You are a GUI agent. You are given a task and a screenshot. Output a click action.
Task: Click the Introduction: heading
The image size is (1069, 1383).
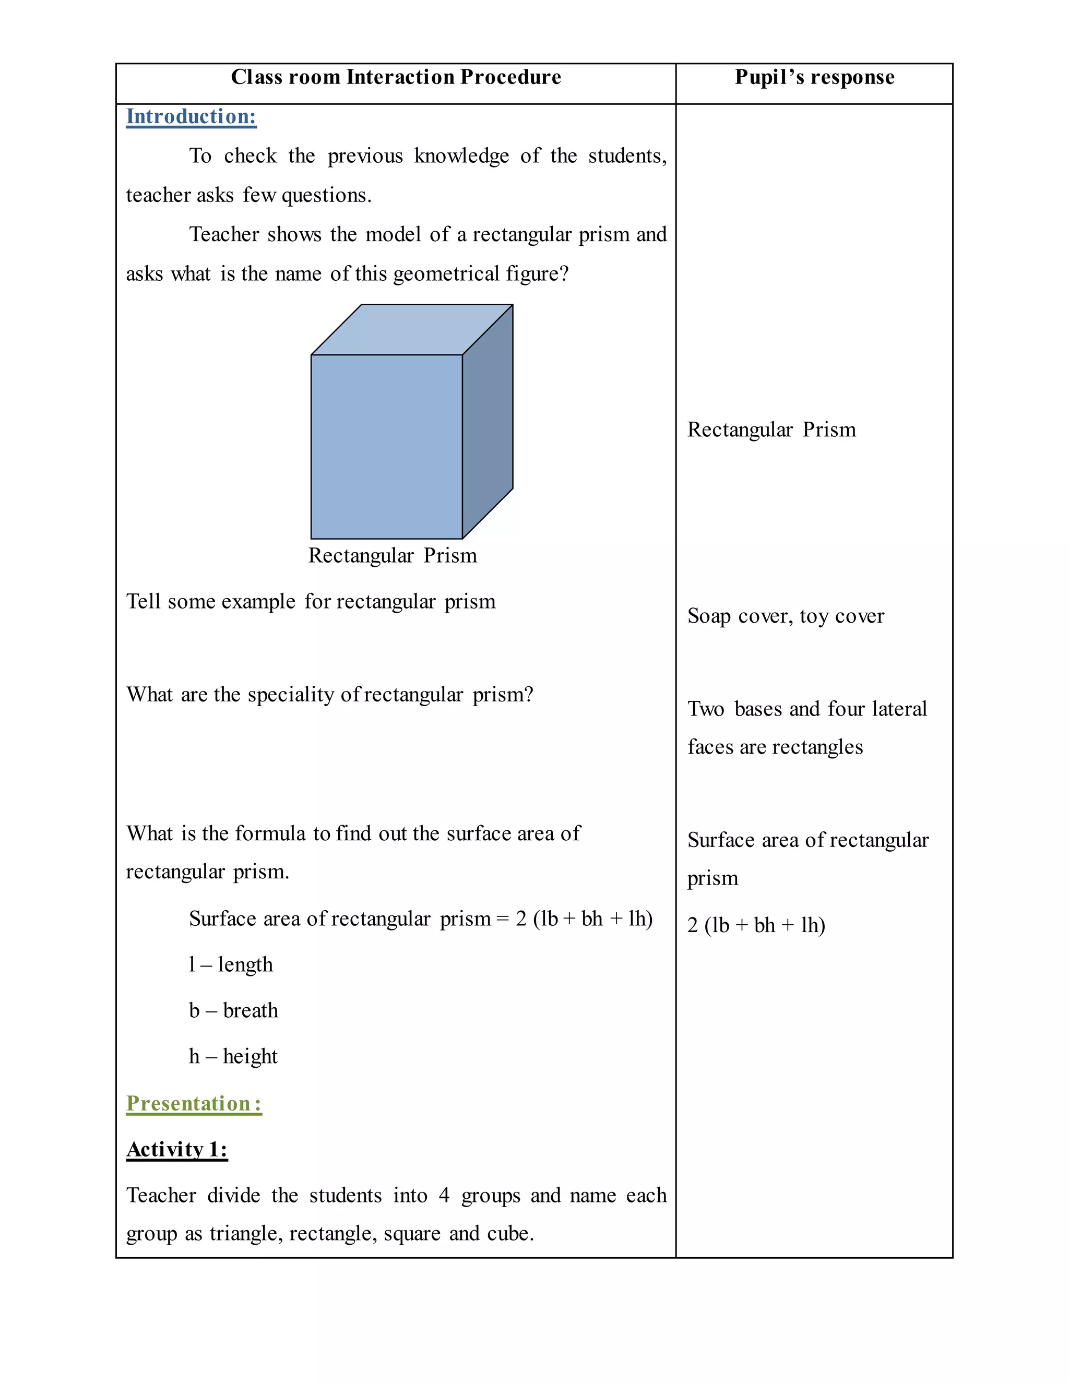191,116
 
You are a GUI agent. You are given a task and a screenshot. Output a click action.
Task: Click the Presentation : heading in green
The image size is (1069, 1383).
194,1103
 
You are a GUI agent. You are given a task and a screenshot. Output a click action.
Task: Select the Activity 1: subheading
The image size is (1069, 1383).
177,1149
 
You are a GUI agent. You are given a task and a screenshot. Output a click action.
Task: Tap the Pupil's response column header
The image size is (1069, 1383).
814,77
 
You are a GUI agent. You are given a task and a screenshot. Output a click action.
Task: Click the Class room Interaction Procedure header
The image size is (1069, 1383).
396,77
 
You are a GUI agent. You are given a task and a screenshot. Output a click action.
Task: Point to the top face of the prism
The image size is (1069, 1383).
412,329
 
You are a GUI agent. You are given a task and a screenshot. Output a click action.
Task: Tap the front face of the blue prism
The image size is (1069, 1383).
386,446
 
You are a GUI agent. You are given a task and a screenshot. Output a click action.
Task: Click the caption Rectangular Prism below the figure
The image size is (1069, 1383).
392,555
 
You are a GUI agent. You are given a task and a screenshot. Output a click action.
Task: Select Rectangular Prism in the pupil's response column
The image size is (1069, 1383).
771,430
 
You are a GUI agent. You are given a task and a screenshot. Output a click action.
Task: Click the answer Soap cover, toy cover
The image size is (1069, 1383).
785,615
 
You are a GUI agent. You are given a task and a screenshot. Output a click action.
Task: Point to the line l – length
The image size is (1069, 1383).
231,964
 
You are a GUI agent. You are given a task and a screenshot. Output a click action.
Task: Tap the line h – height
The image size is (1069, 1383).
233,1056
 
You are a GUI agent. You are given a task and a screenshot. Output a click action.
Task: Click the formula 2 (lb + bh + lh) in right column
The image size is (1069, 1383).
756,925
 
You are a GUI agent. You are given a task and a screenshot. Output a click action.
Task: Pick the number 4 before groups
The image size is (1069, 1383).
444,1196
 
